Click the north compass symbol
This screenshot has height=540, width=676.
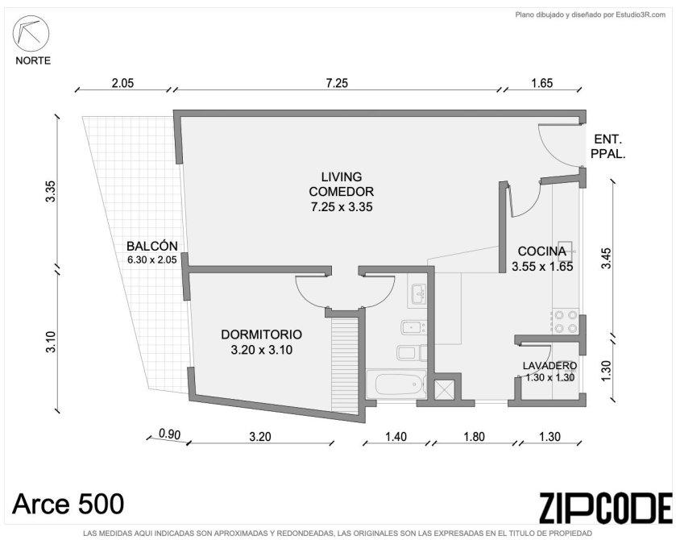(31, 34)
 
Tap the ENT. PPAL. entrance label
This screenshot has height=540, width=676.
(608, 147)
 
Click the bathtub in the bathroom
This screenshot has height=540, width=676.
(398, 384)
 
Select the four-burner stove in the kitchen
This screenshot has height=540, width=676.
(566, 322)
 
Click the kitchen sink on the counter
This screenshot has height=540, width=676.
(566, 250)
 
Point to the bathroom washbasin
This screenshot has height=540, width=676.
(417, 294)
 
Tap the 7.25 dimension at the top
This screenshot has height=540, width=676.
(337, 83)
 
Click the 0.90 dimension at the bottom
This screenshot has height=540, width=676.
(169, 434)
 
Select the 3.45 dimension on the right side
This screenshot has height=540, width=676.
(606, 258)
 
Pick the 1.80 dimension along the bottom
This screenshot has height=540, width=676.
(475, 437)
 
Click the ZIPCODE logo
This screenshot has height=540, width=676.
(606, 508)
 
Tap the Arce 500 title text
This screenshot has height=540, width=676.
(68, 504)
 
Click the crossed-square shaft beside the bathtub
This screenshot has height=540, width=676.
(443, 389)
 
